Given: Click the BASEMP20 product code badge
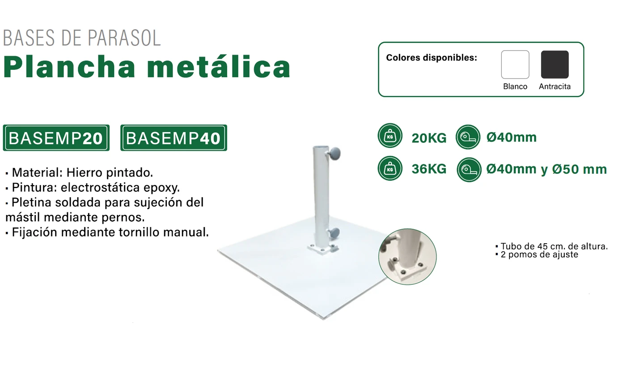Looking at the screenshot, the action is pyautogui.click(x=56, y=137).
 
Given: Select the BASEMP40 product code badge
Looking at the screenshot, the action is pyautogui.click(x=174, y=137).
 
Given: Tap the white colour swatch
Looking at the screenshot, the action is pyautogui.click(x=515, y=64).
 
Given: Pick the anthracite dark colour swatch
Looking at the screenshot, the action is pyautogui.click(x=555, y=64).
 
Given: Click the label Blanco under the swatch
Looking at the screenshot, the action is pyautogui.click(x=515, y=86).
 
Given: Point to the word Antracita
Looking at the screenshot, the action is pyautogui.click(x=555, y=86).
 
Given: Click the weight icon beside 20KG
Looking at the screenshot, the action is pyautogui.click(x=390, y=136).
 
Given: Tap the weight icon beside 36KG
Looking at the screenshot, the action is pyautogui.click(x=390, y=168).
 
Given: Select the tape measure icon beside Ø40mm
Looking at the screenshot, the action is pyautogui.click(x=468, y=137).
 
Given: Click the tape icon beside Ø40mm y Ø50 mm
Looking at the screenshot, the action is pyautogui.click(x=469, y=169).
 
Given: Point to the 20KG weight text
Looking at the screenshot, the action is pyautogui.click(x=429, y=138).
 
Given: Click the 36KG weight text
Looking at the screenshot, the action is pyautogui.click(x=429, y=169).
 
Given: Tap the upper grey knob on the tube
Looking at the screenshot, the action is pyautogui.click(x=334, y=154).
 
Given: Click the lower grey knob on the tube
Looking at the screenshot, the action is pyautogui.click(x=334, y=233).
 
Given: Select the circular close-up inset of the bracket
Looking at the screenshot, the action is pyautogui.click(x=407, y=257).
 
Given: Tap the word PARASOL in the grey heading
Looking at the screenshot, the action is pyautogui.click(x=124, y=38).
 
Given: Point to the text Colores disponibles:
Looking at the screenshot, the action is pyautogui.click(x=432, y=58).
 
